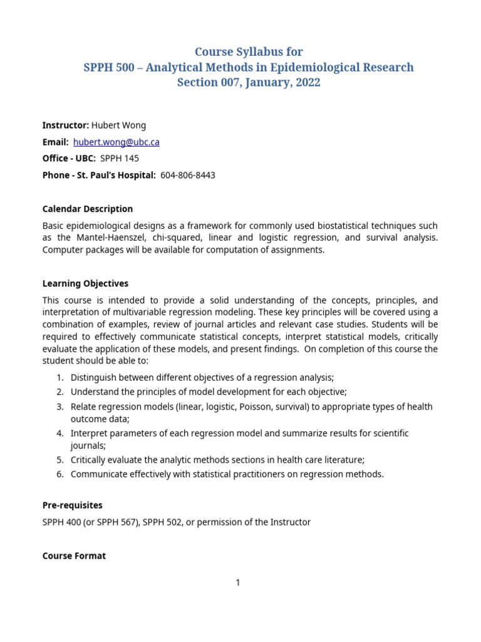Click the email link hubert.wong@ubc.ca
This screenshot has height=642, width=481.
pyautogui.click(x=116, y=142)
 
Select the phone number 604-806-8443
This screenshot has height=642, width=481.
pyautogui.click(x=188, y=176)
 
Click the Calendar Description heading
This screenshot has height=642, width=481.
pyautogui.click(x=87, y=209)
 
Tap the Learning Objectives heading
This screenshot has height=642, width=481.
pyautogui.click(x=85, y=283)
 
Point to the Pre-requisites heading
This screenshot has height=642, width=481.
pyautogui.click(x=72, y=505)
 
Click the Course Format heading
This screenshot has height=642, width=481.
pyautogui.click(x=74, y=555)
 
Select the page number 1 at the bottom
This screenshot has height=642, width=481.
pyautogui.click(x=238, y=582)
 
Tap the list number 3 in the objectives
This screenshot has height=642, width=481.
pyautogui.click(x=59, y=407)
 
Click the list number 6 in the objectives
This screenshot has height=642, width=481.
pyautogui.click(x=59, y=474)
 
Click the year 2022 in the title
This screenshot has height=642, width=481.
pyautogui.click(x=306, y=82)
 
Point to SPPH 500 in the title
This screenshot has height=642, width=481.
pyautogui.click(x=108, y=67)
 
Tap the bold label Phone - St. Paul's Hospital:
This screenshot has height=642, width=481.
pyautogui.click(x=99, y=176)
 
